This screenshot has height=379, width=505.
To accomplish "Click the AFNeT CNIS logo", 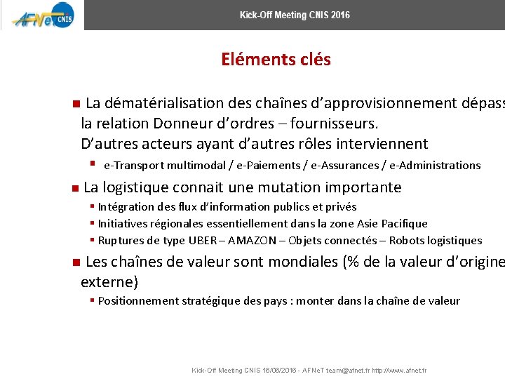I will (x=41, y=15).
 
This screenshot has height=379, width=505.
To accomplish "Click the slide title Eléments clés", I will (x=276, y=60).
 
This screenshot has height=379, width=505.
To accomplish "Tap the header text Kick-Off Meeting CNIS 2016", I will (x=295, y=15).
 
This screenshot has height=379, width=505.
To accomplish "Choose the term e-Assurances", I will (x=346, y=166).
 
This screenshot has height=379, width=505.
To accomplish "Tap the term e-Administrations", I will (x=435, y=166).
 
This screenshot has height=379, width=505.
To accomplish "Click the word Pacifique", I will (x=403, y=224).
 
